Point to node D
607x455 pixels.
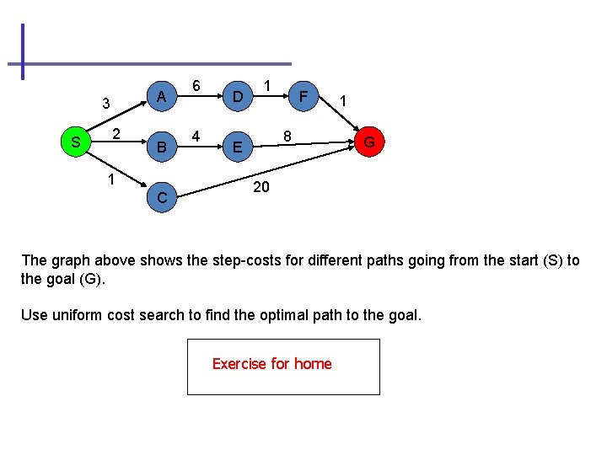(239, 98)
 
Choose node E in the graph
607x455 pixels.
(239, 148)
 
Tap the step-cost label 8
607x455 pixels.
(287, 135)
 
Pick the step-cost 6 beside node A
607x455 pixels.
(196, 86)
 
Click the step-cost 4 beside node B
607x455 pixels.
(196, 136)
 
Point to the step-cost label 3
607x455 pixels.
(106, 104)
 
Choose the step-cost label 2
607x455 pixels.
(118, 133)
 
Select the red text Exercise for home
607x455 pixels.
(271, 364)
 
